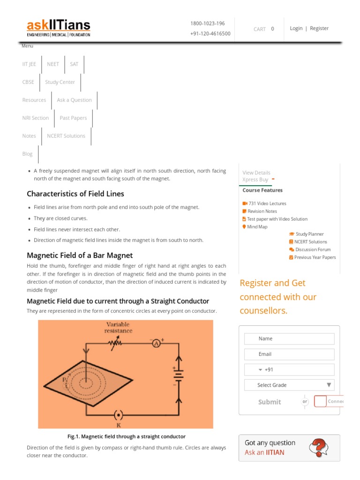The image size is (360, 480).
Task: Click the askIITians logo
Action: (59, 28)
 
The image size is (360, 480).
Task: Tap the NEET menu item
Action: (53, 64)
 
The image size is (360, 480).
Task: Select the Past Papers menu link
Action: (73, 118)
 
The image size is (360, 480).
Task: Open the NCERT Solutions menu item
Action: (66, 136)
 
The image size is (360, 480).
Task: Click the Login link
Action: (296, 28)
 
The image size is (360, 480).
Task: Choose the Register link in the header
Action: (319, 28)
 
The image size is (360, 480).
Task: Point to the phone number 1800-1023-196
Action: (207, 23)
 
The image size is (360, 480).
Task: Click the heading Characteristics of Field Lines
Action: (75, 194)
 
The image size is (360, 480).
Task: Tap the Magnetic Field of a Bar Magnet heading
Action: (80, 255)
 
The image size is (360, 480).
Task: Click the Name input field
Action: (289, 338)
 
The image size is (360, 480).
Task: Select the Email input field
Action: (289, 354)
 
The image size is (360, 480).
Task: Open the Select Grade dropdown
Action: (289, 385)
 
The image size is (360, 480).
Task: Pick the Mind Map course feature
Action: (257, 227)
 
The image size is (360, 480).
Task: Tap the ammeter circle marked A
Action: (157, 343)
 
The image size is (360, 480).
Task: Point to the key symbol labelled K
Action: (118, 415)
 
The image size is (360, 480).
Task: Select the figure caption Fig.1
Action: (127, 436)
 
